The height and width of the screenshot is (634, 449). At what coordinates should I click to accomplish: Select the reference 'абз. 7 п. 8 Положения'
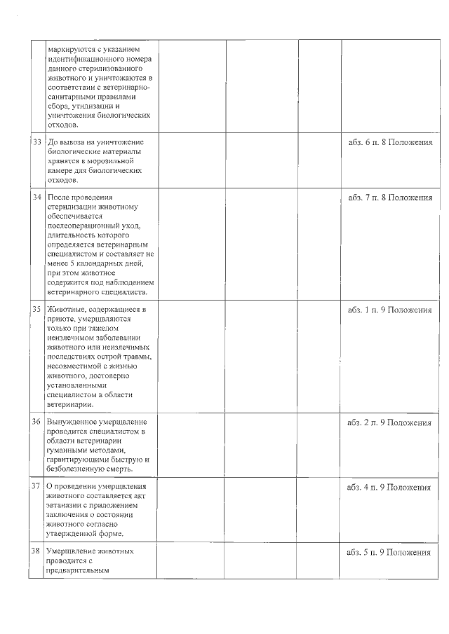click(390, 197)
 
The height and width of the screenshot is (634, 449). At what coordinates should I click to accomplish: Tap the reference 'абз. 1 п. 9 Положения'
click(390, 310)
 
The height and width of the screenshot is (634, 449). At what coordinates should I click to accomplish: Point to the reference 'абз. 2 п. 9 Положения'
click(390, 423)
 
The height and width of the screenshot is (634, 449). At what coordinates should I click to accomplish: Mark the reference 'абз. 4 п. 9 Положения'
click(390, 487)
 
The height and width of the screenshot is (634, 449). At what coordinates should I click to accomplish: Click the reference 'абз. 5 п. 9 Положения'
click(390, 552)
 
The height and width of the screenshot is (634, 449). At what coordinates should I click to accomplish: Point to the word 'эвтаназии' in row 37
click(68, 505)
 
